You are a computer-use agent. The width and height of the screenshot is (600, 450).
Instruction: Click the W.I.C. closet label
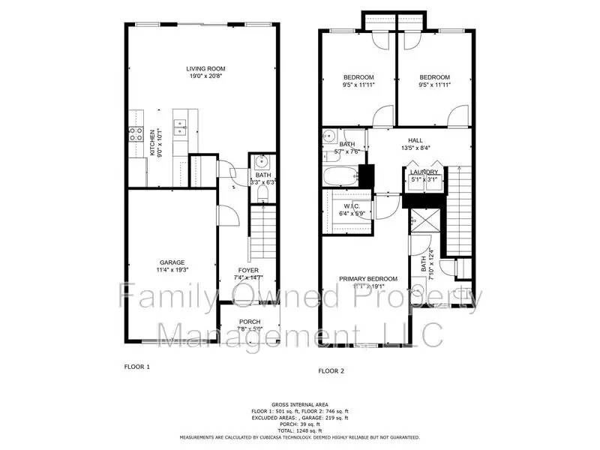coord(352,206)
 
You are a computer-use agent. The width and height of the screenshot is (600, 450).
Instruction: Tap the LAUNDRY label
coord(424,172)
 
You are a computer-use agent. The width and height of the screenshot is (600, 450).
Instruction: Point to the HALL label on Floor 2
coord(415,139)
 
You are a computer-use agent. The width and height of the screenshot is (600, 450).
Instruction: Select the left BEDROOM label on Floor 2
coord(358,78)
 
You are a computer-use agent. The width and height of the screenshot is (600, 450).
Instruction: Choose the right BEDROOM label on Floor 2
coord(434,78)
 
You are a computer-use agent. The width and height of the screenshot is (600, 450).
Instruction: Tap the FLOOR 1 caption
coord(137,367)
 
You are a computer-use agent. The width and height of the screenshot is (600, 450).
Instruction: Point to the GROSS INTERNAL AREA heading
coord(299,405)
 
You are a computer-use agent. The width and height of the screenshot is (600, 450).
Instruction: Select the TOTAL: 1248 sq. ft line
coord(299,431)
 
